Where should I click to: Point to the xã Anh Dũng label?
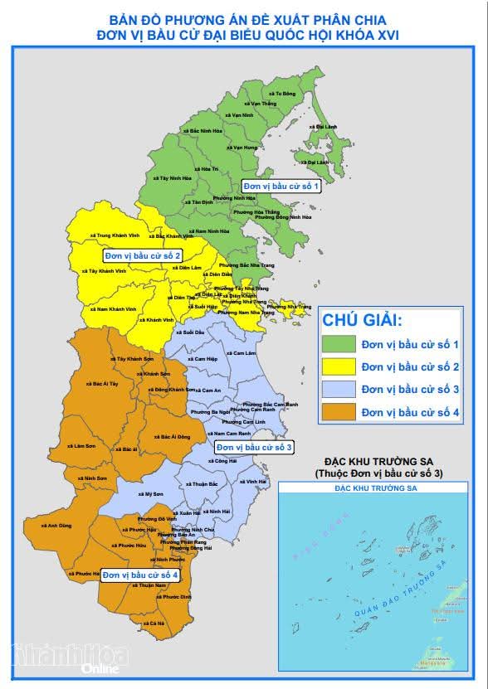[59, 525]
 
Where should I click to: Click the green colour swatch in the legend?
[339, 343]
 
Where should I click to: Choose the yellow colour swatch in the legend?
[339, 366]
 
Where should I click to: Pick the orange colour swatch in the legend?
[339, 411]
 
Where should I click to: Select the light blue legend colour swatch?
[339, 389]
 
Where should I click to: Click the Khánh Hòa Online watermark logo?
[70, 657]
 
